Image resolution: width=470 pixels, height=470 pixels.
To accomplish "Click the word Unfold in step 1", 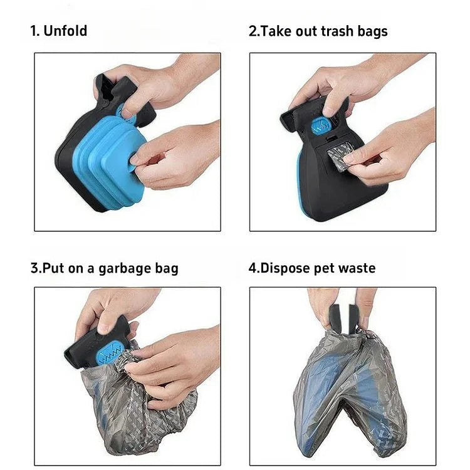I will click(x=65, y=31).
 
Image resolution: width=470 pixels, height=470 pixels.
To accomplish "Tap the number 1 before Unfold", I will click(x=34, y=31).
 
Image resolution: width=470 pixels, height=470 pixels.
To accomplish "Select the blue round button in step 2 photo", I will click(x=321, y=127).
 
